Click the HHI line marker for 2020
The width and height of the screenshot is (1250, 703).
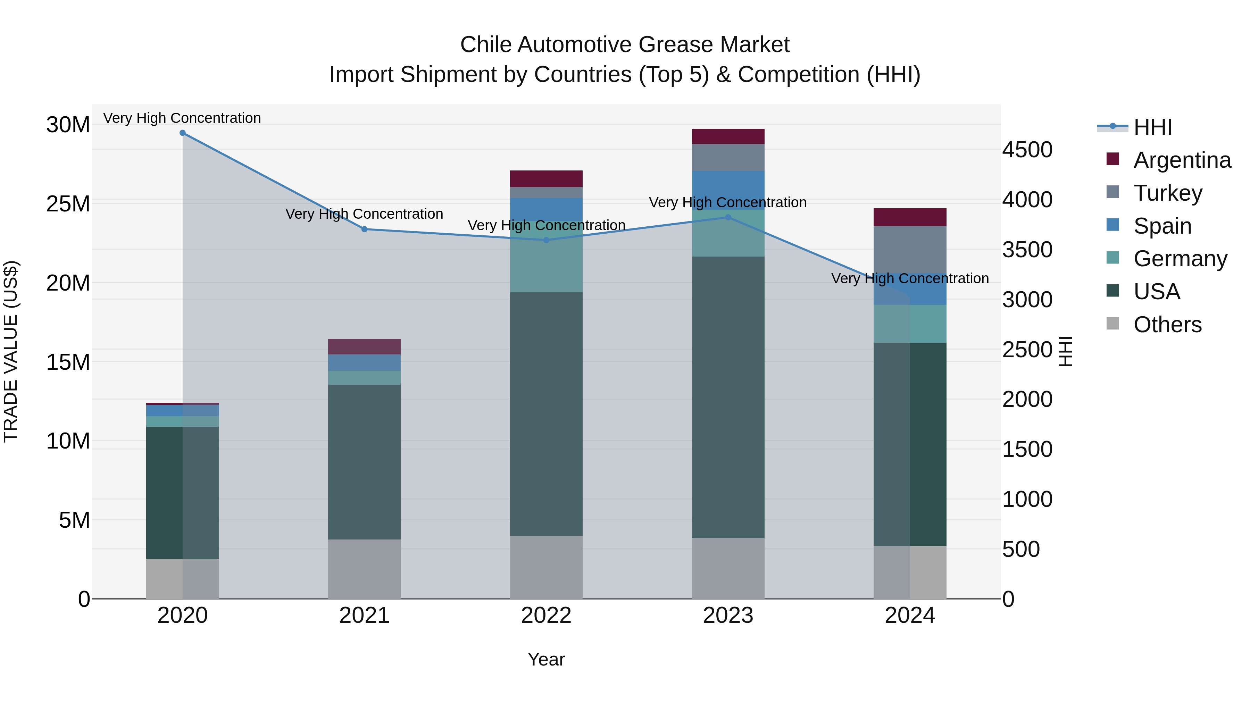click(x=182, y=133)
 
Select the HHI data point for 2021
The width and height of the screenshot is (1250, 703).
click(x=365, y=229)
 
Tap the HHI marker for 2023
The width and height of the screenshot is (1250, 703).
click(x=728, y=217)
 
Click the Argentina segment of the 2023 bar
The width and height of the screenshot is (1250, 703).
click(x=728, y=136)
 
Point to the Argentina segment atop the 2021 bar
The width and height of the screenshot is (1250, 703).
click(x=365, y=346)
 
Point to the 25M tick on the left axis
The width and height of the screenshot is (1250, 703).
click(x=68, y=204)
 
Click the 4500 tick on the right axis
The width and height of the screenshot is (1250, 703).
click(x=1027, y=150)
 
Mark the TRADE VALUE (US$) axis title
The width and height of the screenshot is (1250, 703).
click(x=11, y=352)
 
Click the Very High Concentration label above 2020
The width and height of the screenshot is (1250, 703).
click(x=182, y=118)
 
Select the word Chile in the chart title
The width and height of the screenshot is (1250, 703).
click(x=485, y=45)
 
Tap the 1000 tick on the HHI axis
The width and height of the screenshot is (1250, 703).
click(x=1027, y=499)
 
